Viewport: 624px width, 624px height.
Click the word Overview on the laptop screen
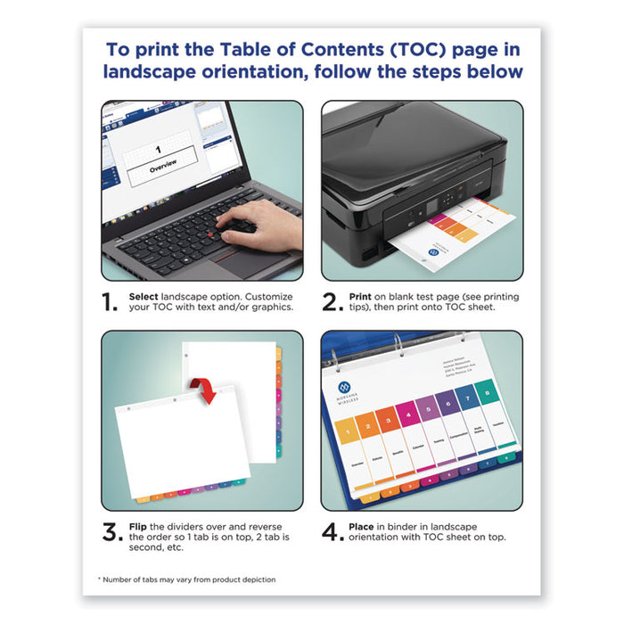162,164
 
